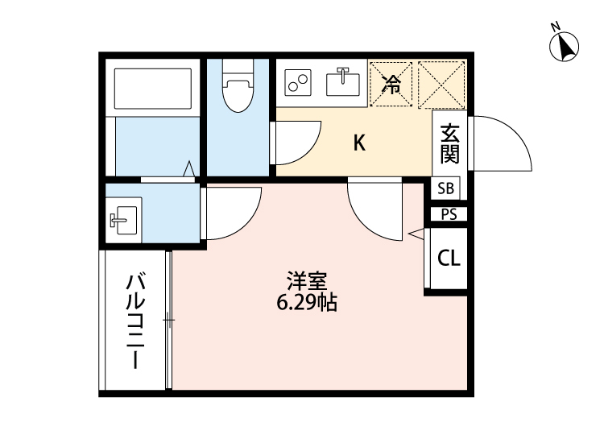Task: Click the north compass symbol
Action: point(565,46)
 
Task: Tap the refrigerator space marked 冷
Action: point(391,83)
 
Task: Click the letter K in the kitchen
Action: point(360,143)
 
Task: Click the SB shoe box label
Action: point(446,189)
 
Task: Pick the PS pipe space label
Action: point(448,214)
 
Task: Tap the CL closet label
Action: point(449,259)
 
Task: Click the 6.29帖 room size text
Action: point(305,304)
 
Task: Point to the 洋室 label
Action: point(305,283)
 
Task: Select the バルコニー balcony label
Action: point(135,321)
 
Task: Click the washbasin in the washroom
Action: point(123,218)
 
